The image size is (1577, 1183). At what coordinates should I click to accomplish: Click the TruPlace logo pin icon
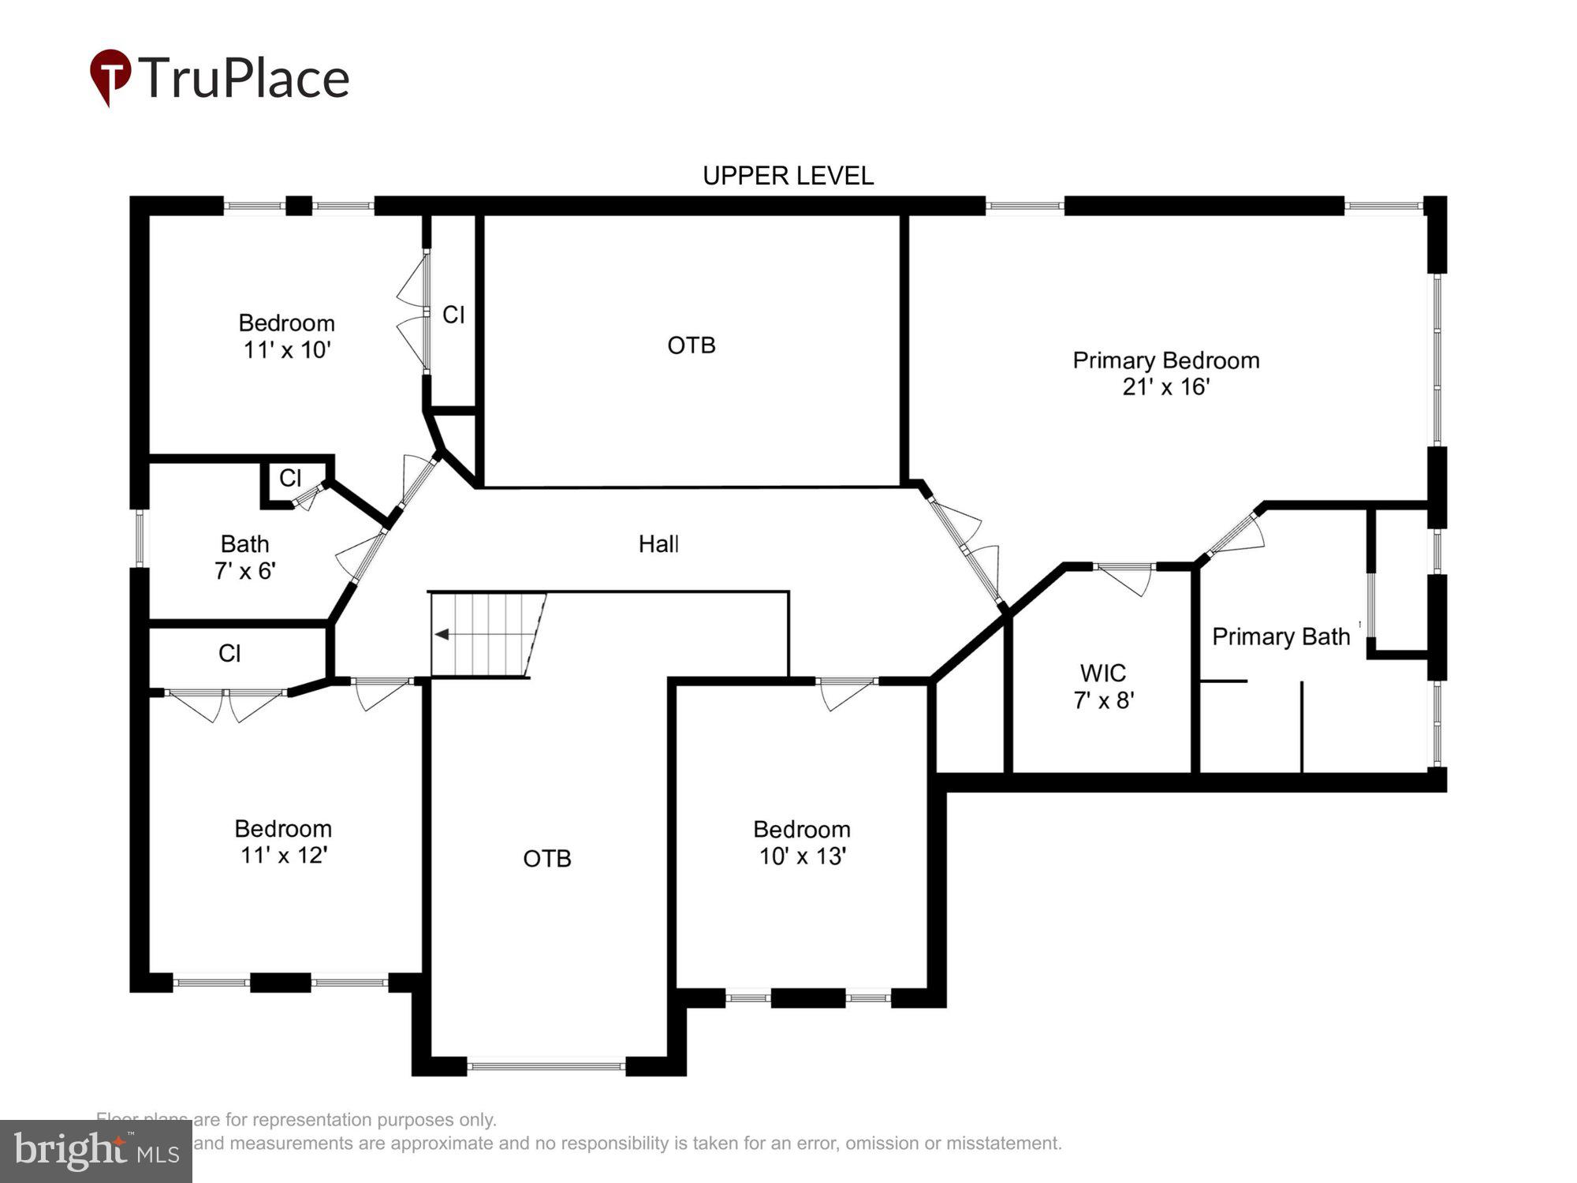(x=110, y=76)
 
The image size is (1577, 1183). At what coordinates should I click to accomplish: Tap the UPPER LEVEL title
(x=788, y=175)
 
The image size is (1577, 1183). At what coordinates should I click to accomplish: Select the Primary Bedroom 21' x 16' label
(x=1165, y=373)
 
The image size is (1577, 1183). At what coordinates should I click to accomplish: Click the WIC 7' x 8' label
(x=1102, y=686)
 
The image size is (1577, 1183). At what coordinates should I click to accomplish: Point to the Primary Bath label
(x=1281, y=636)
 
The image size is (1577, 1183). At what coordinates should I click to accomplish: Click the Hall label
(x=658, y=543)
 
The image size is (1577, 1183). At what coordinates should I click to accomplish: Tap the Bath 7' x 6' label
(x=244, y=557)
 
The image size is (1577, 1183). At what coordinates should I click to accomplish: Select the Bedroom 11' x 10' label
(x=286, y=336)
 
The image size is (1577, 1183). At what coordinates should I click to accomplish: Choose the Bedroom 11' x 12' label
(x=283, y=842)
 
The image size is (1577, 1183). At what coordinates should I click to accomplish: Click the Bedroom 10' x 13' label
(x=801, y=842)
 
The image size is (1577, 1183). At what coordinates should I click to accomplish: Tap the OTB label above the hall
(x=691, y=345)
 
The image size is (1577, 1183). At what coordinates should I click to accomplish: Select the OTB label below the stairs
(x=546, y=858)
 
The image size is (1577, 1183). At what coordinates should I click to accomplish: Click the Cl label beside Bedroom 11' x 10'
(x=453, y=315)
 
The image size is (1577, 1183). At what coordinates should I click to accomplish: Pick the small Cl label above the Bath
(x=290, y=477)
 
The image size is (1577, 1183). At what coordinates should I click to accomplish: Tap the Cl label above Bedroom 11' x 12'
(x=229, y=653)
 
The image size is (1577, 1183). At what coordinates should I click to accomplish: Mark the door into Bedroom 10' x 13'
(x=845, y=692)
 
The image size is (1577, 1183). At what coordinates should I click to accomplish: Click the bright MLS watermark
(x=95, y=1151)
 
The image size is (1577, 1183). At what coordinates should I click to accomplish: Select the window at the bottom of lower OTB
(x=546, y=1066)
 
